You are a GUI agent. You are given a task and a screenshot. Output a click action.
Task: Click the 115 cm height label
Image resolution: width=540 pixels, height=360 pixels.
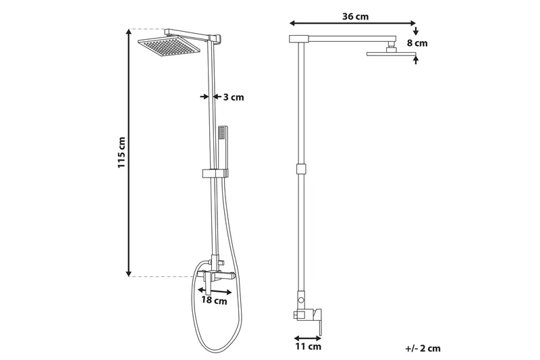pyautogui.click(x=122, y=152)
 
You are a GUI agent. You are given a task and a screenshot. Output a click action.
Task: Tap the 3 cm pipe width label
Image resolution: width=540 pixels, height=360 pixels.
pyautogui.click(x=233, y=97)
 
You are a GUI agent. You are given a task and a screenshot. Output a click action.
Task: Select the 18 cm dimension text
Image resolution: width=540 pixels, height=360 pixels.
pyautogui.click(x=216, y=301)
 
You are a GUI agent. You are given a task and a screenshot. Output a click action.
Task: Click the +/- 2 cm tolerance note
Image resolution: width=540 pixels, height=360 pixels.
pyautogui.click(x=423, y=349)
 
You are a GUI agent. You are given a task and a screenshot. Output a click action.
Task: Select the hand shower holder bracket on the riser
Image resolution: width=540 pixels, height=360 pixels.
pyautogui.click(x=213, y=174)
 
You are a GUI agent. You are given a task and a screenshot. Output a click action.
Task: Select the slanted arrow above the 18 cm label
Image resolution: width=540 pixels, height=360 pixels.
pyautogui.click(x=216, y=290)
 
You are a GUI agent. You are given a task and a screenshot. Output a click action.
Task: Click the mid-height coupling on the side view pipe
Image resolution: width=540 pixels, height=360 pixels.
pyautogui.click(x=300, y=169)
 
